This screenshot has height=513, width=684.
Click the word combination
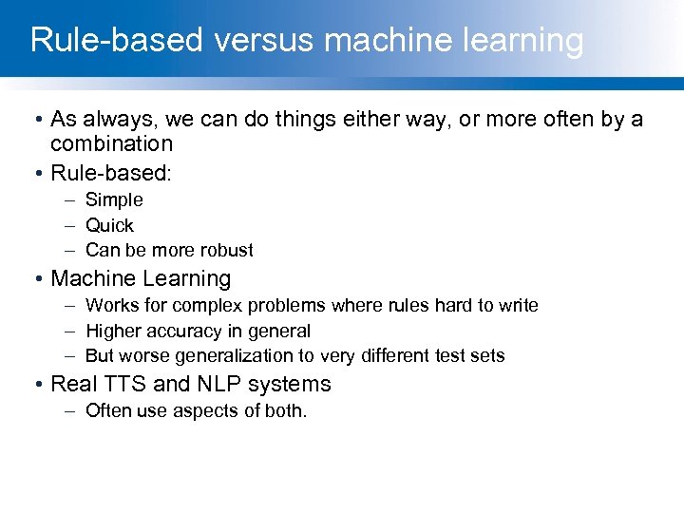[111, 143]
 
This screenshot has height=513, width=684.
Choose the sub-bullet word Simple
[114, 199]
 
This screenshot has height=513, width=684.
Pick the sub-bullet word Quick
[109, 225]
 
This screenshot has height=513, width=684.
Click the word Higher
[110, 331]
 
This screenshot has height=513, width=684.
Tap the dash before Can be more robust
[72, 250]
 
